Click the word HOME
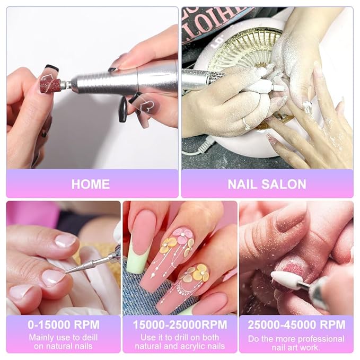[90, 185]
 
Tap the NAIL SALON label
[267, 185]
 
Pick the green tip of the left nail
[137, 263]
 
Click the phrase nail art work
[296, 348]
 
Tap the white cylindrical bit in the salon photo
[270, 86]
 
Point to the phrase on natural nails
[63, 346]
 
